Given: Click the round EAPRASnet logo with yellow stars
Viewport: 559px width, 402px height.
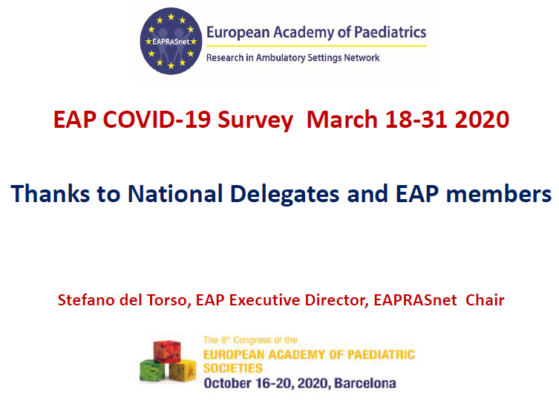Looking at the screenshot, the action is click(x=171, y=41).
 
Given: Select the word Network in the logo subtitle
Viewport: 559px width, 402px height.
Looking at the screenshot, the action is click(x=362, y=57).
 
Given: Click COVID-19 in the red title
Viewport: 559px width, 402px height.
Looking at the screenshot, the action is click(x=157, y=119).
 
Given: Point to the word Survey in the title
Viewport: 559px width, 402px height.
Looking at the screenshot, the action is click(x=255, y=120).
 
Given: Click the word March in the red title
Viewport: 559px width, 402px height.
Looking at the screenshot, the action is click(x=342, y=119).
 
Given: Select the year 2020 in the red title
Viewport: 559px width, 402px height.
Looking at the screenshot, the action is click(x=482, y=119).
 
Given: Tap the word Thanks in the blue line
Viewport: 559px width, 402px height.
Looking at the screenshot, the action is click(x=50, y=193).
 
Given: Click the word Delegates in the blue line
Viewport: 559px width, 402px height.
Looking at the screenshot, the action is click(x=284, y=195).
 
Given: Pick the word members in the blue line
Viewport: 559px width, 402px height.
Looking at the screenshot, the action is click(x=499, y=194).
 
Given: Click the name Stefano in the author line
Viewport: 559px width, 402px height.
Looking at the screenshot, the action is click(x=85, y=300).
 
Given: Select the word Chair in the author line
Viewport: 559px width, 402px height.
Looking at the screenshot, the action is click(x=485, y=300).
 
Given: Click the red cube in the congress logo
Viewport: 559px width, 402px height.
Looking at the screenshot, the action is click(x=167, y=351).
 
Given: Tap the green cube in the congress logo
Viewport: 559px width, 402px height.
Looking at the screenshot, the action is click(x=152, y=371).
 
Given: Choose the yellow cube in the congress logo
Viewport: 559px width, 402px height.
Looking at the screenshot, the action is click(x=183, y=370).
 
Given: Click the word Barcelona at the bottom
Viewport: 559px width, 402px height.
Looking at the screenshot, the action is click(x=365, y=383).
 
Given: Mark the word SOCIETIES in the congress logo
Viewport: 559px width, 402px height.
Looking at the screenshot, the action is click(x=233, y=368).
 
